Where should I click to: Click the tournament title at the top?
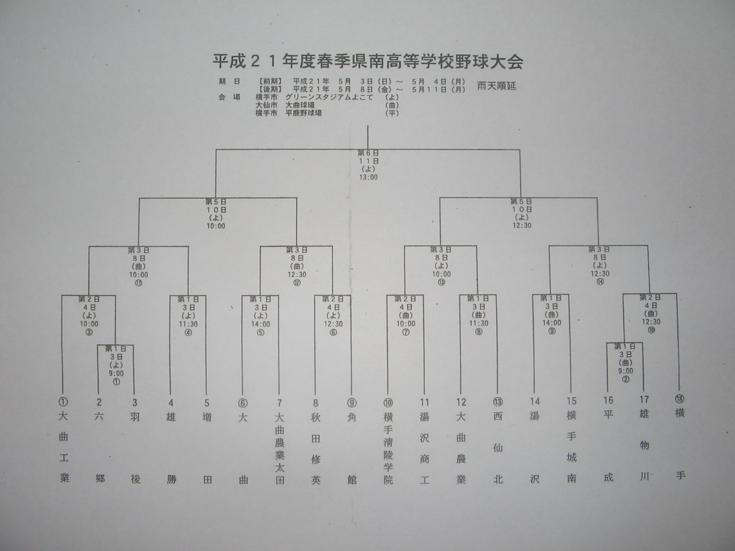point(367,62)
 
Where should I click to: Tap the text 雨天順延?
point(496,86)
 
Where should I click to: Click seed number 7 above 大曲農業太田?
point(279,403)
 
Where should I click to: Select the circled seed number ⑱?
point(680,400)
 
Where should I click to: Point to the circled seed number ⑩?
point(388,403)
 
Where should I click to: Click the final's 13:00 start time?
point(368,177)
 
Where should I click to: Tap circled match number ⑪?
point(138,283)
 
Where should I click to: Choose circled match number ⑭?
point(600,281)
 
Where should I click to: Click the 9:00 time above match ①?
point(116,373)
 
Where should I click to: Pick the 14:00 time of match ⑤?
point(260,324)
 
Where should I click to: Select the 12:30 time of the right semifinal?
point(521,225)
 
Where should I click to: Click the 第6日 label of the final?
point(368,153)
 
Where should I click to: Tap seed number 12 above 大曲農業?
point(461,402)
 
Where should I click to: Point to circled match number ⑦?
point(405,332)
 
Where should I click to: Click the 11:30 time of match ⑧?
point(479,323)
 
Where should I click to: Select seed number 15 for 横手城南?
point(571,401)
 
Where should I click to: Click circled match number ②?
point(626,379)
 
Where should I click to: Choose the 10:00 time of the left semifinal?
point(216,226)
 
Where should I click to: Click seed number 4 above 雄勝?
point(171,403)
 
